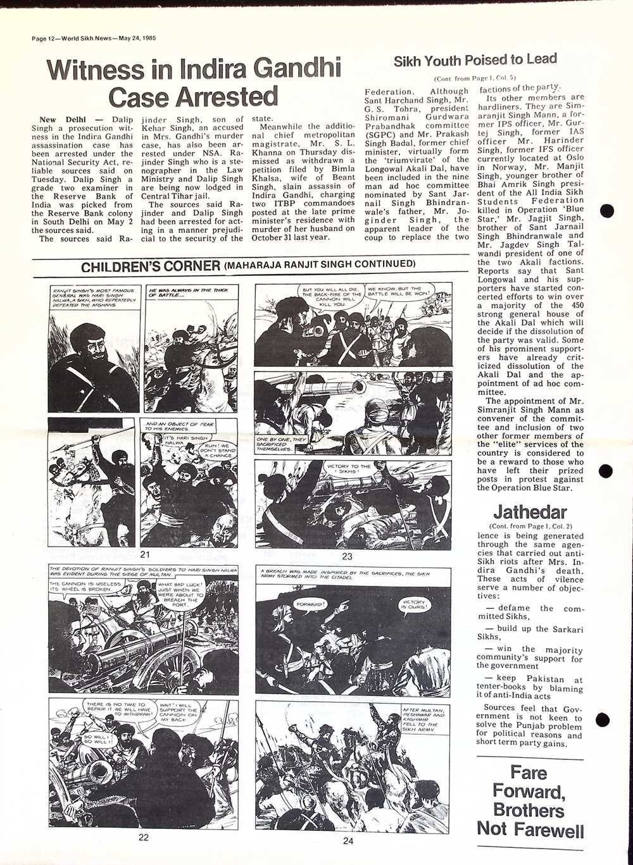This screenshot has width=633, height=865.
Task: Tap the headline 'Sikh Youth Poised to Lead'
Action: pyautogui.click(x=475, y=61)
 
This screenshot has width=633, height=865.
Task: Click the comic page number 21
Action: pyautogui.click(x=145, y=555)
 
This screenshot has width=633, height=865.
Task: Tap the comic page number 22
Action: pyautogui.click(x=144, y=837)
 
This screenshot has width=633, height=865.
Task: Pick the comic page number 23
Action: pyautogui.click(x=347, y=556)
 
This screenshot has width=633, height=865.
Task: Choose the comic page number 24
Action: pyautogui.click(x=348, y=840)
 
